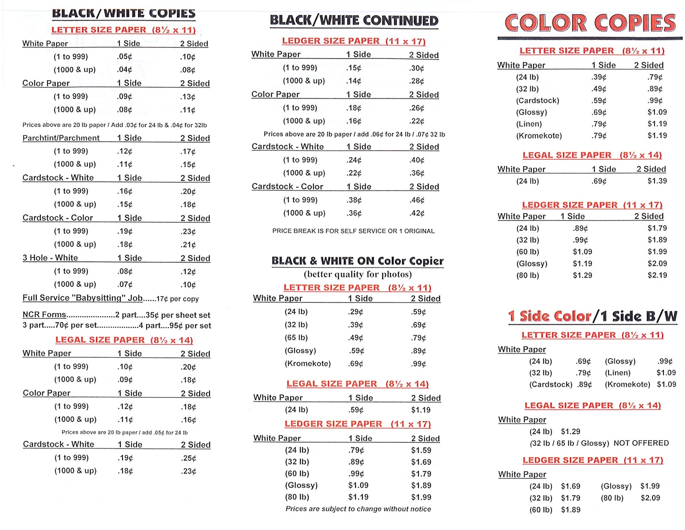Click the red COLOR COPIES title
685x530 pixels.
pyautogui.click(x=590, y=23)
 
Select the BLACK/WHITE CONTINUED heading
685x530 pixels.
pyautogui.click(x=354, y=21)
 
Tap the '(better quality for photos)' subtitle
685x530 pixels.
pyautogui.click(x=358, y=274)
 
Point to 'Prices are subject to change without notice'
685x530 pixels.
pyautogui.click(x=358, y=509)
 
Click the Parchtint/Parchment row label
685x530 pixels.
pyautogui.click(x=61, y=138)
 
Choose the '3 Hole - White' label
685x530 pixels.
pyautogui.click(x=50, y=258)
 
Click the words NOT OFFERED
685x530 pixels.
pyautogui.click(x=641, y=443)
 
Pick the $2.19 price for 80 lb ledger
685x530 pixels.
pyautogui.click(x=657, y=275)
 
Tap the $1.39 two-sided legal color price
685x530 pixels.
pyautogui.click(x=657, y=181)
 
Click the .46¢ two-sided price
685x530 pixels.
pyautogui.click(x=417, y=200)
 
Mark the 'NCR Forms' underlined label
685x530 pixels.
pyautogui.click(x=44, y=315)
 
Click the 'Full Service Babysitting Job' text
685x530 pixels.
pyautogui.click(x=83, y=298)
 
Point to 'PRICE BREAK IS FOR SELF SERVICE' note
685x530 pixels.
pyautogui.click(x=353, y=231)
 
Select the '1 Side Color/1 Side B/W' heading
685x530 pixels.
pyautogui.click(x=592, y=316)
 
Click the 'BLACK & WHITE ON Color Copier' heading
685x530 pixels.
pyautogui.click(x=357, y=261)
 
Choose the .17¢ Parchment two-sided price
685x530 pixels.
pyautogui.click(x=188, y=151)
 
